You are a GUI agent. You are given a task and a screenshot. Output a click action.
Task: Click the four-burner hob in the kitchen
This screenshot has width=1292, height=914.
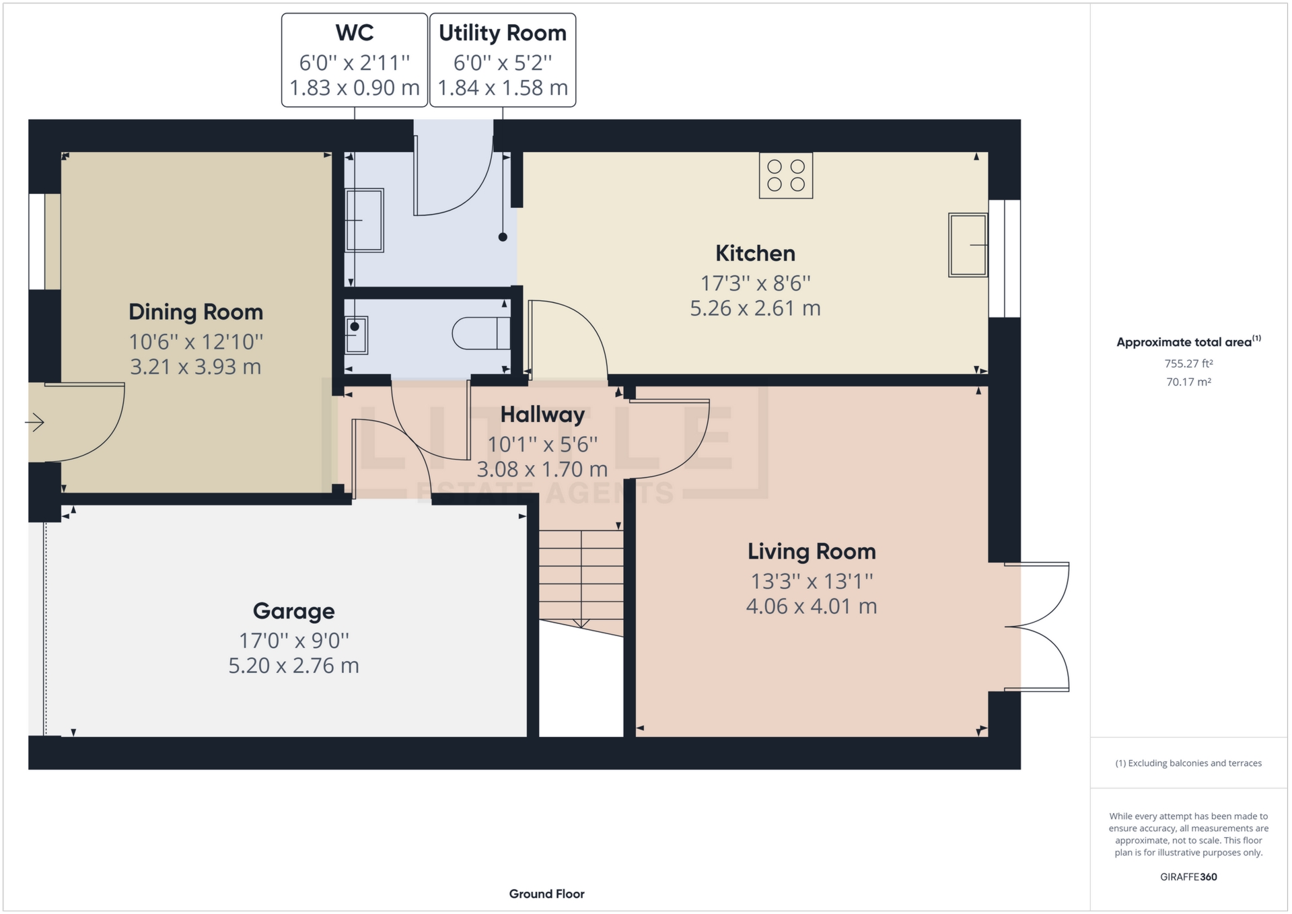click(x=785, y=176)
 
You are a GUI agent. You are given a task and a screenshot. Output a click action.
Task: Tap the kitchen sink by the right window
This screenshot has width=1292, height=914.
click(x=968, y=245)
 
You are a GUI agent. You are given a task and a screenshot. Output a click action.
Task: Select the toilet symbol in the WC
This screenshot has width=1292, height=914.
click(x=481, y=333)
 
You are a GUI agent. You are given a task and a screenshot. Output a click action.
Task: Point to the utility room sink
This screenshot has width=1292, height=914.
click(x=365, y=220)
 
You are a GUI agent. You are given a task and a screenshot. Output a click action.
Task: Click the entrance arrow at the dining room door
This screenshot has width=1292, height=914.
click(x=35, y=423)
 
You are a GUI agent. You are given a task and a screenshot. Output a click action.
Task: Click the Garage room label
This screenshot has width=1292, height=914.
click(x=293, y=611)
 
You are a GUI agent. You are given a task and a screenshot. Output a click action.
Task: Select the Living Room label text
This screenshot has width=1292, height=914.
click(x=812, y=552)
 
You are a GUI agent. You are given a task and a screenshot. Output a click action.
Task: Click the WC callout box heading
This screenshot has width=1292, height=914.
click(x=355, y=33)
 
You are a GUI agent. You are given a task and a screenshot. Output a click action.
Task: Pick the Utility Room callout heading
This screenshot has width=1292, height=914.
click(x=503, y=33)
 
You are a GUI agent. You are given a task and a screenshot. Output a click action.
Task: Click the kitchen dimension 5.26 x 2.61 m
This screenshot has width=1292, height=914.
click(x=755, y=308)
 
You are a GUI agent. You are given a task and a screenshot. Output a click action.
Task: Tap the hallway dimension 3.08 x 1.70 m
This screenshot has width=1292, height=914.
click(x=542, y=469)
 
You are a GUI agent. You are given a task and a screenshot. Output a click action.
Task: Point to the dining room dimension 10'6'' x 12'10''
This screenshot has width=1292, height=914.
click(x=196, y=342)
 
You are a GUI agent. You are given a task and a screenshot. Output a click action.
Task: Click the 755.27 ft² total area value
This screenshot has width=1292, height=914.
click(x=1188, y=363)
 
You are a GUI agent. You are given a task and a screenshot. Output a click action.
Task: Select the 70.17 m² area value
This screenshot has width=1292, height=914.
click(x=1188, y=382)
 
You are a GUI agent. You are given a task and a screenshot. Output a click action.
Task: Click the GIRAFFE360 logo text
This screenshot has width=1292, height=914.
click(x=1188, y=877)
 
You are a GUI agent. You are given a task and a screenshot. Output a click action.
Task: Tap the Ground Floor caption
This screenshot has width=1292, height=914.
click(x=546, y=894)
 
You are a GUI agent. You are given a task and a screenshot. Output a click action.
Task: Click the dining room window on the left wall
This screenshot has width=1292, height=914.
click(x=36, y=242)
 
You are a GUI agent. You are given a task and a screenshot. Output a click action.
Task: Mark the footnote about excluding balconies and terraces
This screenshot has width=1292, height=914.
click(x=1188, y=763)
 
